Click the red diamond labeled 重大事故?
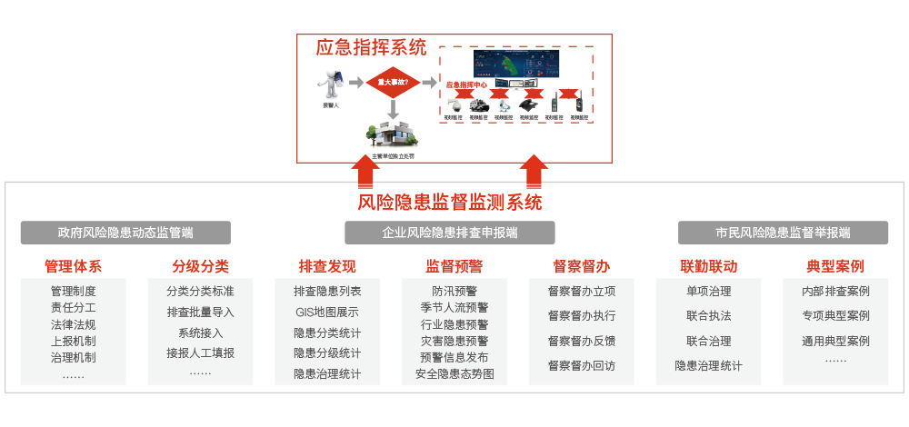click(x=393, y=82)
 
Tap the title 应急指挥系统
click(x=370, y=46)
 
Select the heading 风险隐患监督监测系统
click(x=449, y=202)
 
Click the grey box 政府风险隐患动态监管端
click(x=125, y=233)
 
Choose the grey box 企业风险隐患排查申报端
click(x=450, y=233)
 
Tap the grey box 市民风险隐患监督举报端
click(x=783, y=233)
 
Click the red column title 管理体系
click(x=73, y=266)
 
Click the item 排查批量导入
click(x=200, y=312)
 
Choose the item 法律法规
click(x=73, y=324)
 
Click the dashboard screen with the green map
click(x=515, y=64)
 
